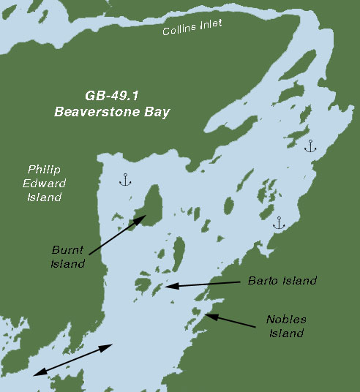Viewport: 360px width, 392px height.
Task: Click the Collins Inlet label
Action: point(192,28)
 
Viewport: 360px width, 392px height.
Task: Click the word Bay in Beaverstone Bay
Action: point(155,112)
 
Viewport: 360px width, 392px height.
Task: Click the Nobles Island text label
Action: point(286,327)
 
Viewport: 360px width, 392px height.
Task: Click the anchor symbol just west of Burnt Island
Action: point(124,179)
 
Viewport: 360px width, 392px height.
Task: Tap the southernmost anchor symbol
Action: point(278,222)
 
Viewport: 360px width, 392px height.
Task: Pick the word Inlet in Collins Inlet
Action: point(209,26)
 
